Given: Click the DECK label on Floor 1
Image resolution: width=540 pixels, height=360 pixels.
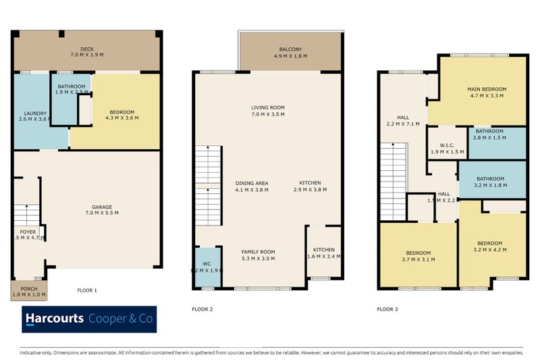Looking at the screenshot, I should [86, 49].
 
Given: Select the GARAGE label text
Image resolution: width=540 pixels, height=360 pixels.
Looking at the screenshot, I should [102, 207].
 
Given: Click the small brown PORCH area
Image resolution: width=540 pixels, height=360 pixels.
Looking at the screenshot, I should [29, 290].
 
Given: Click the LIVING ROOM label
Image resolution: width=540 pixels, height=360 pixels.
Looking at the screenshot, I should [268, 107].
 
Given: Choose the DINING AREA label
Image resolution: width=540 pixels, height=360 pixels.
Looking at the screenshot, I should [252, 183].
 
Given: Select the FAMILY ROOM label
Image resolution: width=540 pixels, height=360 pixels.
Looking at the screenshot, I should [259, 251].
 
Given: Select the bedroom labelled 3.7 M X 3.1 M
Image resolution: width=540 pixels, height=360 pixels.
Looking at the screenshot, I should [416, 255].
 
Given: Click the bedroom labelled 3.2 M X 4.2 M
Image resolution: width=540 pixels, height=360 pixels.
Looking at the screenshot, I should [490, 247].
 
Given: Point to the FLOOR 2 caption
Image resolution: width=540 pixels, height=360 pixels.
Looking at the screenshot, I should [202, 309].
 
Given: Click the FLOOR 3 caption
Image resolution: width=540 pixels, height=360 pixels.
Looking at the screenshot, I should [387, 309].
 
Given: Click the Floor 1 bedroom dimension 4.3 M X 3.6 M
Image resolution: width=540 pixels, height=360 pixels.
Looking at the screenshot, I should [122, 118].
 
